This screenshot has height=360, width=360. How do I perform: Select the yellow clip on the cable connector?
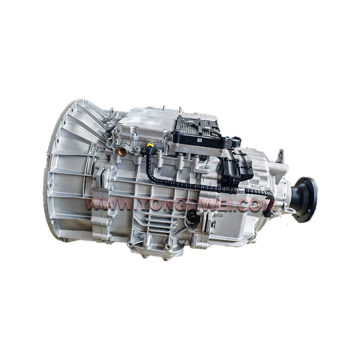coord(149,145)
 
